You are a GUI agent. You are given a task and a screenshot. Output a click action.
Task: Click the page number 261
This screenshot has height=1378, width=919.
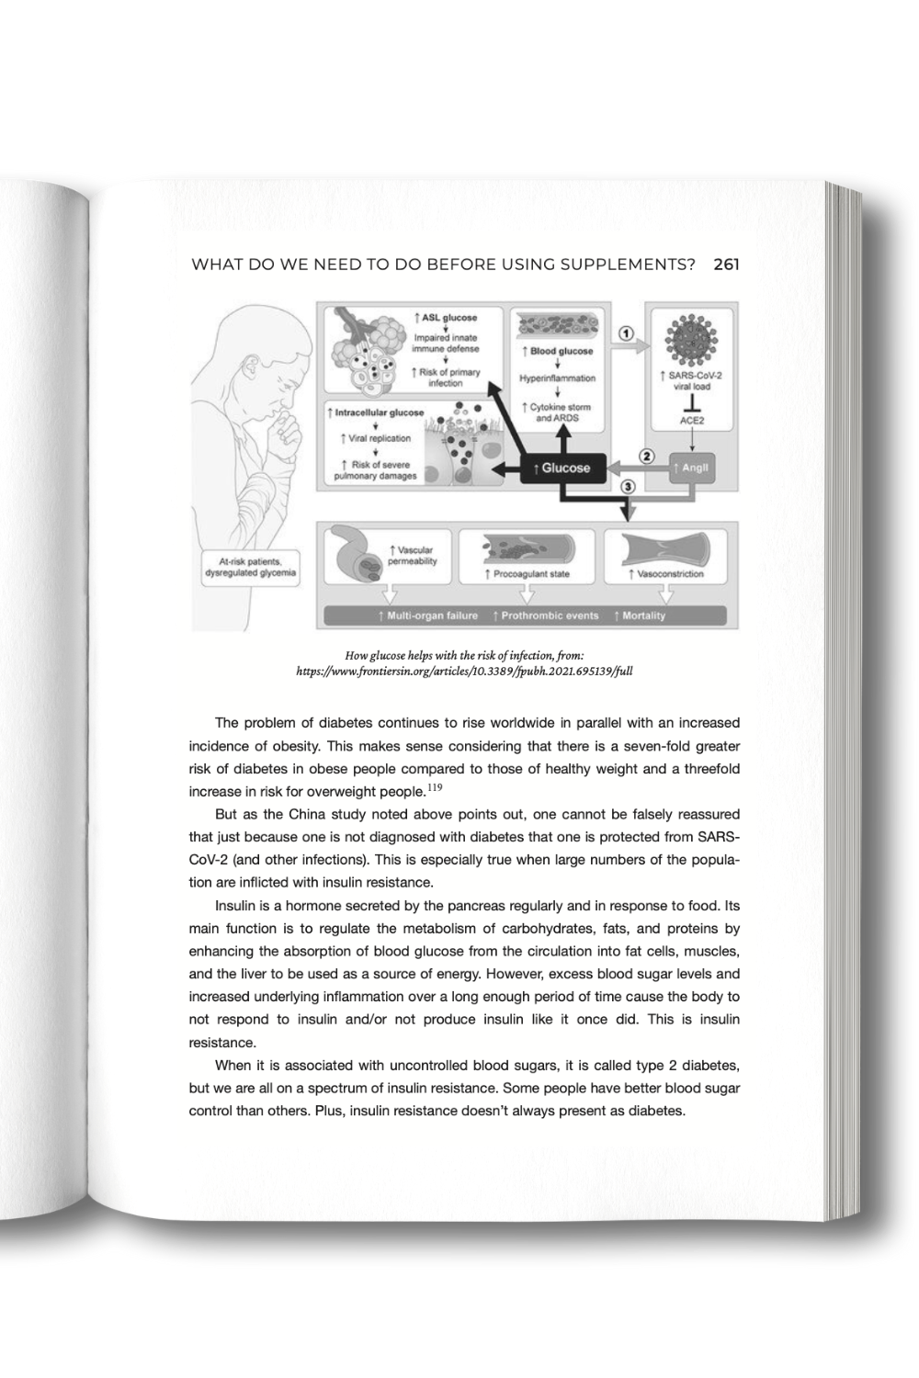tap(726, 265)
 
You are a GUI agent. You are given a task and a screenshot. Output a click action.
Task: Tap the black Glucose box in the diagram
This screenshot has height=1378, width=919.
tap(563, 468)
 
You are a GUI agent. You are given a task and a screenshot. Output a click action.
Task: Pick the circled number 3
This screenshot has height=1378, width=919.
tap(629, 485)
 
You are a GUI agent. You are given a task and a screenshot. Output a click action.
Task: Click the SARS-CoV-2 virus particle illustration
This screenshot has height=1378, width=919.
tap(690, 342)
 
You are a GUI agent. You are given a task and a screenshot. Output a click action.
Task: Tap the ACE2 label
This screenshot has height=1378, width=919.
tap(692, 420)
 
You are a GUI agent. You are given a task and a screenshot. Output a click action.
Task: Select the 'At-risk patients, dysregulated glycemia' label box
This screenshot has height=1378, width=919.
tap(250, 567)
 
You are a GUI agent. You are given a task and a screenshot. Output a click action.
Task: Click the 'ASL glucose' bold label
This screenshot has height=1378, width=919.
tap(446, 318)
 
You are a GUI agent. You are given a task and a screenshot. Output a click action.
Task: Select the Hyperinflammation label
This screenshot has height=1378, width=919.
tap(557, 378)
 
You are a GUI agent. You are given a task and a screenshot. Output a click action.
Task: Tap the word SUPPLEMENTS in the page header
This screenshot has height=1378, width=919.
tap(620, 265)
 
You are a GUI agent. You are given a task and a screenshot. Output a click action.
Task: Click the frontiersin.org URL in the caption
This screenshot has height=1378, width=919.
tap(464, 672)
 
